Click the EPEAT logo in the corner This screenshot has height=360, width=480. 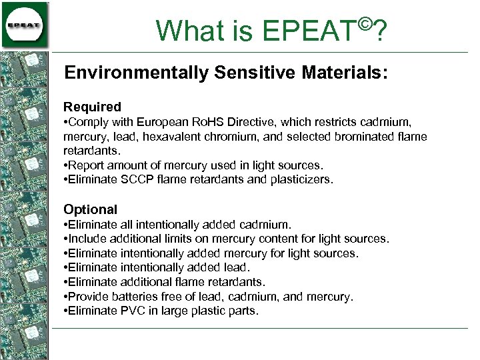click(x=25, y=25)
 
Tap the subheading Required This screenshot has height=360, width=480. click(x=92, y=107)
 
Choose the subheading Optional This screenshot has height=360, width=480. click(x=90, y=209)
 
